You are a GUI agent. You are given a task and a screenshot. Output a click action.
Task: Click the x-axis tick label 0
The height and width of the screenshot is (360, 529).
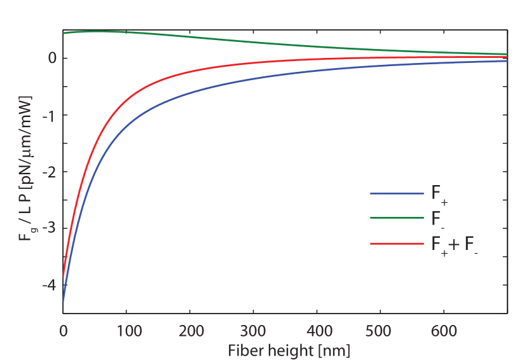[x=63, y=331]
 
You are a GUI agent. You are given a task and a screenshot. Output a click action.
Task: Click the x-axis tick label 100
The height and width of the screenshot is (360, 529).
[x=127, y=331]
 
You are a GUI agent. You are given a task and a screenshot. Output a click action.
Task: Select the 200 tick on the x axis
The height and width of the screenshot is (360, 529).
[x=190, y=331]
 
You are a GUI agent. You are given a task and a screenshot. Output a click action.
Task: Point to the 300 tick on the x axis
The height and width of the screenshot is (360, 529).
[x=254, y=331]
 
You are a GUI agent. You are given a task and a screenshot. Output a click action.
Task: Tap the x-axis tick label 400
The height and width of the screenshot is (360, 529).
[x=317, y=331]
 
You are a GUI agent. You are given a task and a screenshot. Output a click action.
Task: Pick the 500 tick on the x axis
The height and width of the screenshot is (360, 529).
[x=380, y=331]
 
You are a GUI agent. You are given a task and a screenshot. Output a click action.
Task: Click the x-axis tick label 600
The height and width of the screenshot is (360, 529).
[x=444, y=331]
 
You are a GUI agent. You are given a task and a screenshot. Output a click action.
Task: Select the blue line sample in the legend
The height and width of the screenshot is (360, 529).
[x=396, y=193]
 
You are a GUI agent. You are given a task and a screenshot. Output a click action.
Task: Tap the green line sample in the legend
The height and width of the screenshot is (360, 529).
[x=396, y=218]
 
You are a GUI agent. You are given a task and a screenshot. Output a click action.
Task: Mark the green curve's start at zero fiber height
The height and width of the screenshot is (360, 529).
[x=64, y=32]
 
